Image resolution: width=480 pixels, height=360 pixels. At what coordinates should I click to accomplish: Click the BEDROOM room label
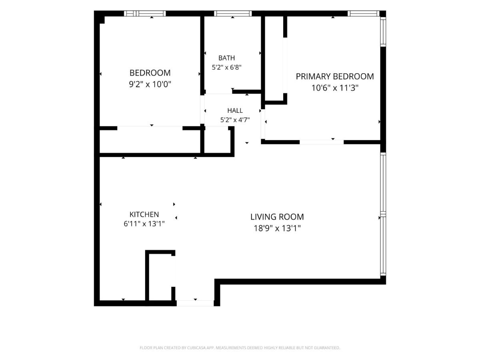tap(150, 73)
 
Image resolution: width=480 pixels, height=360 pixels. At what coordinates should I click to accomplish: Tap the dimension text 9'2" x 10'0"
tap(150, 84)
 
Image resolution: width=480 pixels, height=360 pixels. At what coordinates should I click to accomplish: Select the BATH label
tap(226, 58)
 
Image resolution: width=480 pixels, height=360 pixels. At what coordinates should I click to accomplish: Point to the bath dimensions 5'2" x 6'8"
tap(226, 67)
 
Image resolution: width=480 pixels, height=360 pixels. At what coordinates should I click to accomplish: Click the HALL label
tap(235, 111)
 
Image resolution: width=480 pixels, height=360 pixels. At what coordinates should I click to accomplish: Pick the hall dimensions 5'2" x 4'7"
tap(235, 120)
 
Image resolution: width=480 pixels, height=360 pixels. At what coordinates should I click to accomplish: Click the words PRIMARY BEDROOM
tap(335, 76)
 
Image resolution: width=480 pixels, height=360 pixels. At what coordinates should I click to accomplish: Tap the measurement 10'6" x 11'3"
tap(335, 88)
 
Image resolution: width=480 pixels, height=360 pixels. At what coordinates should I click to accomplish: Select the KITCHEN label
tap(144, 214)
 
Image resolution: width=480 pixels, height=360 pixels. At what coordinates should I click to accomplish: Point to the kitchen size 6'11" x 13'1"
tap(144, 224)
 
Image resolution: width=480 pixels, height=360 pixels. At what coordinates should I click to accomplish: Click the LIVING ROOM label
tap(277, 217)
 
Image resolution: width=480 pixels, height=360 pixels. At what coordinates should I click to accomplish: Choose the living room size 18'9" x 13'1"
tap(277, 228)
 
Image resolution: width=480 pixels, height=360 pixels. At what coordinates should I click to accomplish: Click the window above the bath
tap(233, 14)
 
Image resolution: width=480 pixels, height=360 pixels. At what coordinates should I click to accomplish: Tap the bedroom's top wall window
tap(145, 14)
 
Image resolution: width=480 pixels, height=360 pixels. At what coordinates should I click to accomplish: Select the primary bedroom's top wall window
tap(364, 14)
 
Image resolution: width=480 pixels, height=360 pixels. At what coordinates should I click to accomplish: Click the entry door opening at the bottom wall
tap(195, 303)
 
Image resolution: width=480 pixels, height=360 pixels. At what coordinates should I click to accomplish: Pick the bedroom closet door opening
tap(150, 128)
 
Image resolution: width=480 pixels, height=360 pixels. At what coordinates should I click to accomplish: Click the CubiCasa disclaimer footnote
tap(240, 348)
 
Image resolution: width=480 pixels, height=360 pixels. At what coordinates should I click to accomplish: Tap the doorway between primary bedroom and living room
tap(322, 142)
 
